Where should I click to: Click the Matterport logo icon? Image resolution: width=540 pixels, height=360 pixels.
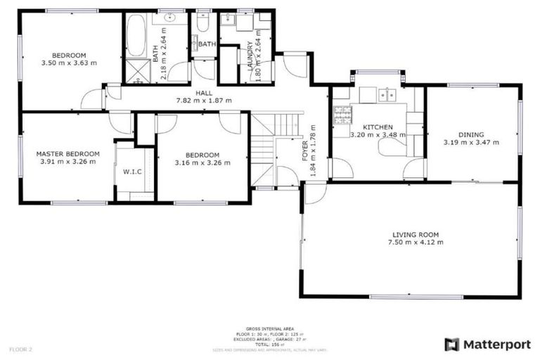451,345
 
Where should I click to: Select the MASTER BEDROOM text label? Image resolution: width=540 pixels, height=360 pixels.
68,153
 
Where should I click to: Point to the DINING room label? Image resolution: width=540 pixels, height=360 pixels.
471,134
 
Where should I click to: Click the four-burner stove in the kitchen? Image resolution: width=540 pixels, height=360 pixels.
342,112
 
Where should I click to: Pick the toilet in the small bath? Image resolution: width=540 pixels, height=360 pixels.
202,24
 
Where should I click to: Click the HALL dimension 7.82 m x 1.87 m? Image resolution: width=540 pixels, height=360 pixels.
203,101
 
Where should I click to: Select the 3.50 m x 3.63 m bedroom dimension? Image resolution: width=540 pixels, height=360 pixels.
69,63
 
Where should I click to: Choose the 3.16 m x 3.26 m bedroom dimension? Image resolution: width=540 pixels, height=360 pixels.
202,163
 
